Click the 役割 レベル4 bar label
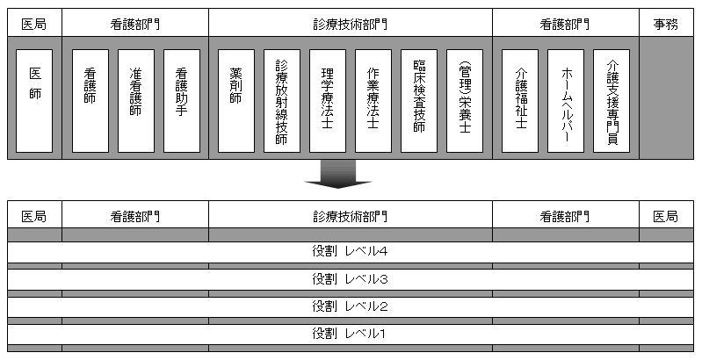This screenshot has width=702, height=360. click(350, 252)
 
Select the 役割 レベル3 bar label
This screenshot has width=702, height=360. click(350, 279)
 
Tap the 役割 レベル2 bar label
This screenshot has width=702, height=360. click(350, 306)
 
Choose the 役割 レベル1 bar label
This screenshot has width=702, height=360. click(350, 334)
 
